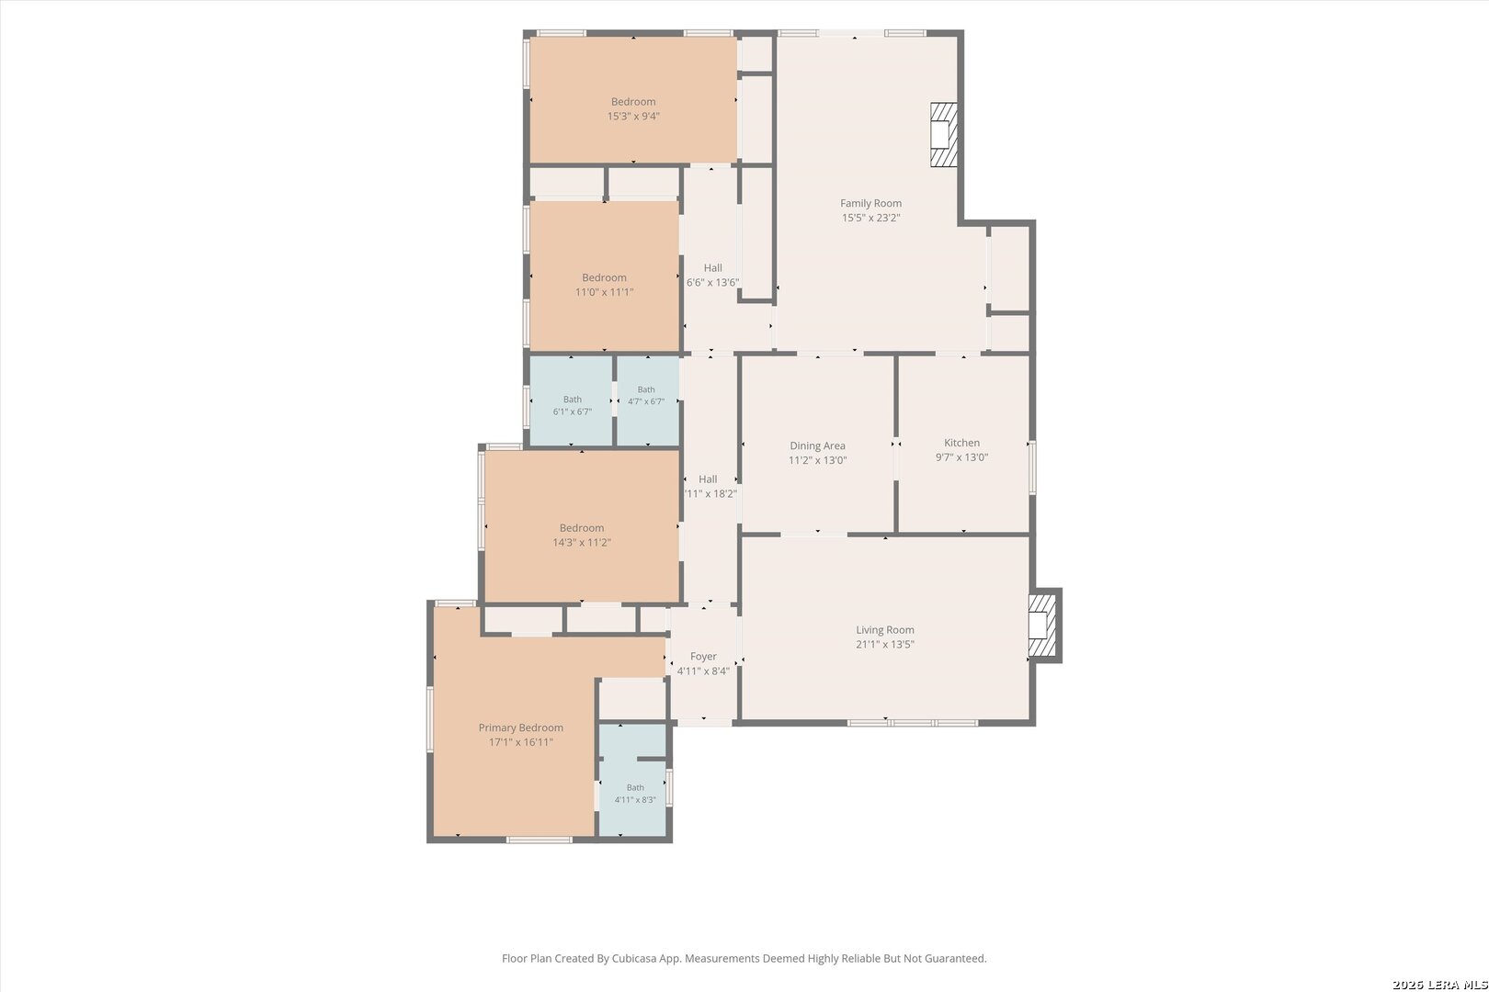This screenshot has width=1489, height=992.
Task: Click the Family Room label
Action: coord(870,203)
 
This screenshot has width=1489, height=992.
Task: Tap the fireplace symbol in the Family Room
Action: coord(943,134)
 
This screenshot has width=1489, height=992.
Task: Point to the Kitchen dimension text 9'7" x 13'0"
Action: coord(961,457)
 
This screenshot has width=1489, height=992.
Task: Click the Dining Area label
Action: coord(818,445)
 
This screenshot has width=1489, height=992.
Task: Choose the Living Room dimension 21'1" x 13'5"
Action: coord(885,644)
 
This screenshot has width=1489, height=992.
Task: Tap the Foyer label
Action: coord(703,657)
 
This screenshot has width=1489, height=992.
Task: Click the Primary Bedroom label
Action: coord(520,727)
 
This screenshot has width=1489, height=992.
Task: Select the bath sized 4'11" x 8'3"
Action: coord(635,794)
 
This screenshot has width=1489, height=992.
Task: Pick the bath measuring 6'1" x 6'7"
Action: coord(573,405)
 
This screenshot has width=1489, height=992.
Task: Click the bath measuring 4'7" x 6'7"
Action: coord(646,395)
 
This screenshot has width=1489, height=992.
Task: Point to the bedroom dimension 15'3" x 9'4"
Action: coord(633,117)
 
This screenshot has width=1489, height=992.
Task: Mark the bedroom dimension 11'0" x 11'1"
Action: coord(604,292)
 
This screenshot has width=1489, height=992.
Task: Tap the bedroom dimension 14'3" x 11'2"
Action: coord(582,542)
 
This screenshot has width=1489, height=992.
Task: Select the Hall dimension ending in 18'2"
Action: coord(710,493)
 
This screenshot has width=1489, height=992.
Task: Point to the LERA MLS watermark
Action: coord(1439,984)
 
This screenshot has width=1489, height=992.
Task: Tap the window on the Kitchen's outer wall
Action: coord(1032,468)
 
